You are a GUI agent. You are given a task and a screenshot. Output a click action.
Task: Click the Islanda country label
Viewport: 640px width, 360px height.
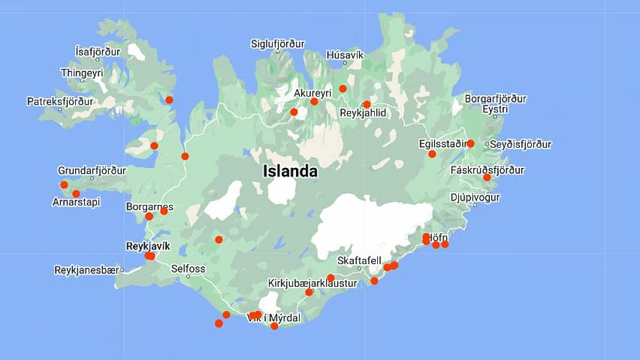(290, 171)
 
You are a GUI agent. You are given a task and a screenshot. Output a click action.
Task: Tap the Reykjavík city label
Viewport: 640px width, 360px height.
(147, 246)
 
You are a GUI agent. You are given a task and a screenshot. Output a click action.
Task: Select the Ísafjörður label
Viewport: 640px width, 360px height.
(97, 52)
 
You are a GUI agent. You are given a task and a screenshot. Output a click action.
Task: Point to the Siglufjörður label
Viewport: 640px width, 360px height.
(278, 44)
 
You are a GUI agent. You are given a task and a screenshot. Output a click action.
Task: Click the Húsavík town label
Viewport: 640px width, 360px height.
(345, 55)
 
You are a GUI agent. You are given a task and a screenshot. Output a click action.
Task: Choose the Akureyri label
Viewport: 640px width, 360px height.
(313, 93)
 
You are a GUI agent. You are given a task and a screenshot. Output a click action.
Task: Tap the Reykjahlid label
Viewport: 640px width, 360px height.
(363, 113)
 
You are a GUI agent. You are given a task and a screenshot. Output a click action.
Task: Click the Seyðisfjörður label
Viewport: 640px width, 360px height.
(521, 145)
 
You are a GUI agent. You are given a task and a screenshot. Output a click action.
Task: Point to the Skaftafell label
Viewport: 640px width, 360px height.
(359, 260)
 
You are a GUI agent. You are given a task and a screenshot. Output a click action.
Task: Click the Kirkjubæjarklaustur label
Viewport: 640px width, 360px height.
(312, 283)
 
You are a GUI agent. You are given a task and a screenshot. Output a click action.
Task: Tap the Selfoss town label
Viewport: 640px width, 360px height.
(188, 269)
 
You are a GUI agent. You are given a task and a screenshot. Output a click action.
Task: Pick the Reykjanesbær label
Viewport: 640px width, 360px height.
(86, 270)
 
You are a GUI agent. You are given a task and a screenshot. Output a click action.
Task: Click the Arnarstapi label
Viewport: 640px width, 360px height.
(76, 202)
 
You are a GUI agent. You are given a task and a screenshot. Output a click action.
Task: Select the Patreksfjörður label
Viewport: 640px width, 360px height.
(60, 101)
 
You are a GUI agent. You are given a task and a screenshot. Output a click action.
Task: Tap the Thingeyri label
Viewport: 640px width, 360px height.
(82, 73)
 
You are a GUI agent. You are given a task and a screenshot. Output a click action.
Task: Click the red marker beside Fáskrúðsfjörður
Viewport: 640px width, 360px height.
(487, 177)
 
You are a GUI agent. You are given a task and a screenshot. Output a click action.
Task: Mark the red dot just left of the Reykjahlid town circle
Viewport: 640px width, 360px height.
(367, 104)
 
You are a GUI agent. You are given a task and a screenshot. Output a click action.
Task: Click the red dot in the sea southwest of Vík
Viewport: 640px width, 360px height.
(218, 323)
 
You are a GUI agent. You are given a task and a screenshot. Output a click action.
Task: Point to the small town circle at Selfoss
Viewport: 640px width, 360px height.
(188, 277)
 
